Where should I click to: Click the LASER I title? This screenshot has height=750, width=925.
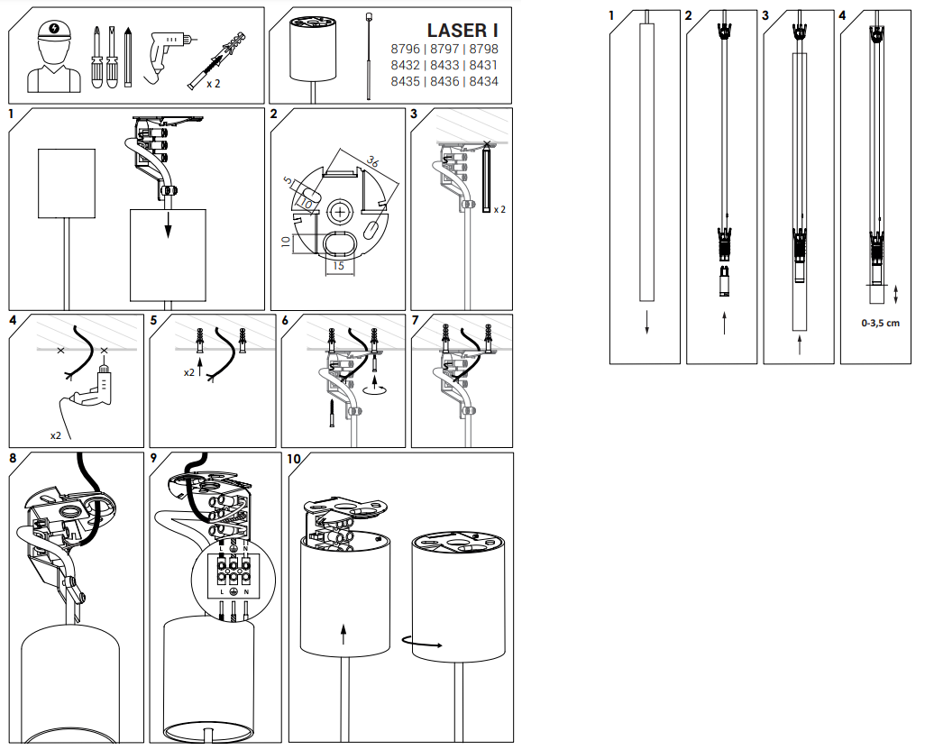pyautogui.click(x=462, y=30)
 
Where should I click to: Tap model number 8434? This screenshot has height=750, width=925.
pyautogui.click(x=484, y=81)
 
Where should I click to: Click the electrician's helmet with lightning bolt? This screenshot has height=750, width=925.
pyautogui.click(x=54, y=30)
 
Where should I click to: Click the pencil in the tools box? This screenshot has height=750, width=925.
pyautogui.click(x=128, y=57)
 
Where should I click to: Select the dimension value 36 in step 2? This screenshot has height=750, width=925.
pyautogui.click(x=373, y=160)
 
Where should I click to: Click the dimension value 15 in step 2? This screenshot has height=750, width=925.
pyautogui.click(x=339, y=266)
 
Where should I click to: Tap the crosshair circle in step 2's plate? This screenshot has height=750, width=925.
pyautogui.click(x=340, y=211)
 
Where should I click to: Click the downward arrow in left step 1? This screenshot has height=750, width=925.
pyautogui.click(x=168, y=224)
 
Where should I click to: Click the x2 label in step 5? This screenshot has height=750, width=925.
pyautogui.click(x=188, y=372)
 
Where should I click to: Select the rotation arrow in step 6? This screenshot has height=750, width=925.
pyautogui.click(x=375, y=389)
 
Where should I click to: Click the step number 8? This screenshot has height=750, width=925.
pyautogui.click(x=13, y=459)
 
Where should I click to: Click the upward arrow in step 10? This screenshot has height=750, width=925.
pyautogui.click(x=343, y=635)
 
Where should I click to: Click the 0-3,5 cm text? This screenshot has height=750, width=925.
pyautogui.click(x=880, y=323)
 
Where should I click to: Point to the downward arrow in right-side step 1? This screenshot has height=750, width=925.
pyautogui.click(x=646, y=321)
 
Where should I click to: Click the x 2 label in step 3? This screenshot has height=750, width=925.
pyautogui.click(x=499, y=209)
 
